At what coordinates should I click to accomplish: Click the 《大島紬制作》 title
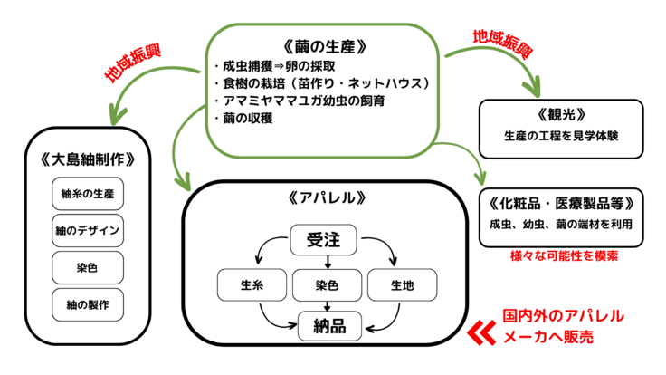(88, 159)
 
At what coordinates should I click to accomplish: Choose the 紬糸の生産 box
(88, 194)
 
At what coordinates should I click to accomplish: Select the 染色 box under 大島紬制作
(88, 266)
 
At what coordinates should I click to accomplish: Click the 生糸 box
(252, 285)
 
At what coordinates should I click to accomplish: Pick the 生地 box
(402, 285)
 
